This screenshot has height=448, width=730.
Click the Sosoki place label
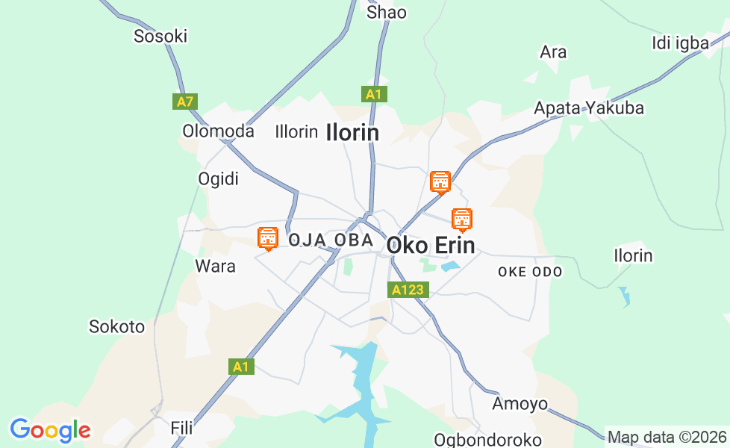[160, 36]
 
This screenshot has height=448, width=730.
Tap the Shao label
[387, 12]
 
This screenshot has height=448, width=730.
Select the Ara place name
[553, 52]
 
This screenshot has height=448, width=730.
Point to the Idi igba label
[680, 43]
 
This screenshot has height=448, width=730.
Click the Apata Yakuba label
[588, 108]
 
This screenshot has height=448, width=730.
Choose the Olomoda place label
[218, 131]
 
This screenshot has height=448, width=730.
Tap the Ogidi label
[218, 179]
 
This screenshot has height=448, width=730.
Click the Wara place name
[215, 266]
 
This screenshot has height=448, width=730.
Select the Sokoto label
[116, 326]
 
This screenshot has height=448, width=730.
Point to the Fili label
[181, 428]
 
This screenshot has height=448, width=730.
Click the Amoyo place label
[520, 404]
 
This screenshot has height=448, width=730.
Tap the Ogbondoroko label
[487, 439]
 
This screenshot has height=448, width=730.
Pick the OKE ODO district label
[530, 272]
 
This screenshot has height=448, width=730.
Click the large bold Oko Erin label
[431, 246]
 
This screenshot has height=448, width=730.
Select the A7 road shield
[185, 101]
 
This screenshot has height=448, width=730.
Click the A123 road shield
[408, 290]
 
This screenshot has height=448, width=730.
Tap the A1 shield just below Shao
[374, 94]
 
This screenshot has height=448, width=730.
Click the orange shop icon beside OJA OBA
[267, 238]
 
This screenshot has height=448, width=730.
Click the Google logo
[50, 430]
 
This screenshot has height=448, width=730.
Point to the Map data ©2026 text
[667, 437]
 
